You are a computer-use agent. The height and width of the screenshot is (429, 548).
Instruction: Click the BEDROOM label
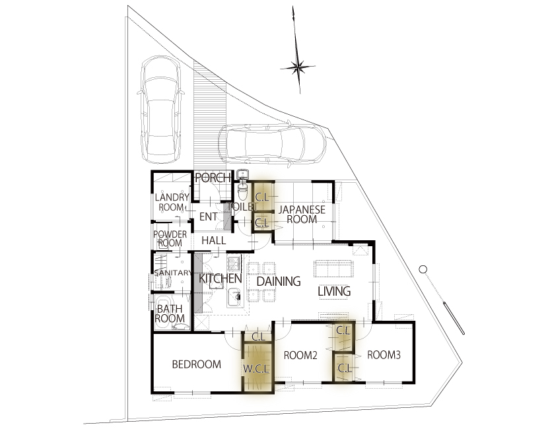pos(196,364)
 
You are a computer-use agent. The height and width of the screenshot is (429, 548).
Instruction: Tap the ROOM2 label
pos(300,356)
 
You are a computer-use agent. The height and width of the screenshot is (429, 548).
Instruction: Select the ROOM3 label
pos(384,355)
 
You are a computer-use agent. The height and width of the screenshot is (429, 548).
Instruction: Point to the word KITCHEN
pos(220,279)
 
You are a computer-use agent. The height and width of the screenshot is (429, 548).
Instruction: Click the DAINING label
pos(279,281)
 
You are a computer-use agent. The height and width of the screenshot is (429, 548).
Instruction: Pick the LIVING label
pos(335,291)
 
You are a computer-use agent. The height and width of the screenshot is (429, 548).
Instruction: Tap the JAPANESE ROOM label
pos(302,214)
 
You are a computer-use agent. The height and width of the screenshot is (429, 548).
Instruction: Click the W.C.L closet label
pos(257,368)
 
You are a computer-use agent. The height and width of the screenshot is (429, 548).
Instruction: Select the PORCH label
pos(213,178)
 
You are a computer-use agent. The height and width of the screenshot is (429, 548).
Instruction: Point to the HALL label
pos(213,240)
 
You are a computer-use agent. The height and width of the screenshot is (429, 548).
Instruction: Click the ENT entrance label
pos(208,216)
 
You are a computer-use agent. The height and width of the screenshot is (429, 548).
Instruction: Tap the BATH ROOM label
pos(170,313)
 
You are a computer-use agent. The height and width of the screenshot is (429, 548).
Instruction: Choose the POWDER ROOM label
pos(170,238)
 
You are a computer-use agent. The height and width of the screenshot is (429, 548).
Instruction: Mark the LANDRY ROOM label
pos(172,202)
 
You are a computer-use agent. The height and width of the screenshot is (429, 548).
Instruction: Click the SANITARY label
pos(173,273)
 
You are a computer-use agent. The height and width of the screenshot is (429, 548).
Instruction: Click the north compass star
pos(298,67)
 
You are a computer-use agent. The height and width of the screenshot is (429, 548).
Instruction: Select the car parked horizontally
pos(273,144)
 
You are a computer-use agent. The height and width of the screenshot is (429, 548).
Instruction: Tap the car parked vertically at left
pos(160,109)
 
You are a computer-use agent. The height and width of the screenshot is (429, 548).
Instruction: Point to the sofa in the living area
pos(335,269)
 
